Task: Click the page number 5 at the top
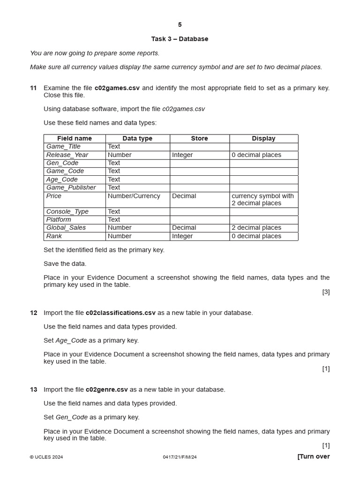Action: [x=180, y=25]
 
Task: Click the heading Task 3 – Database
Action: [x=180, y=39]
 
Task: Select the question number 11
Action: [x=33, y=88]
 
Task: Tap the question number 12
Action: [x=33, y=313]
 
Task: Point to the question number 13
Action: [x=33, y=390]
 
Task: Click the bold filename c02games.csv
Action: [x=117, y=88]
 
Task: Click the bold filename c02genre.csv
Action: [x=106, y=390]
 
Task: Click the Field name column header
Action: [x=75, y=138]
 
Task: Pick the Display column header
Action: [x=263, y=138]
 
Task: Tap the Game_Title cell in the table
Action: [x=63, y=147]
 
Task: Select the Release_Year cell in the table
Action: [x=67, y=155]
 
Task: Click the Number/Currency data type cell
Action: [x=134, y=196]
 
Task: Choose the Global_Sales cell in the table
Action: [x=66, y=228]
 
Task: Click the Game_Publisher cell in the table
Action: [x=71, y=187]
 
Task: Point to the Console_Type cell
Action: [x=67, y=211]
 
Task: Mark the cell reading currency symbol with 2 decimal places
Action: [x=262, y=200]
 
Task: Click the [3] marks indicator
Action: [x=326, y=292]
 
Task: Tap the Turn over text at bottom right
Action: [x=313, y=457]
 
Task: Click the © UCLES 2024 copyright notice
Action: [x=46, y=457]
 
